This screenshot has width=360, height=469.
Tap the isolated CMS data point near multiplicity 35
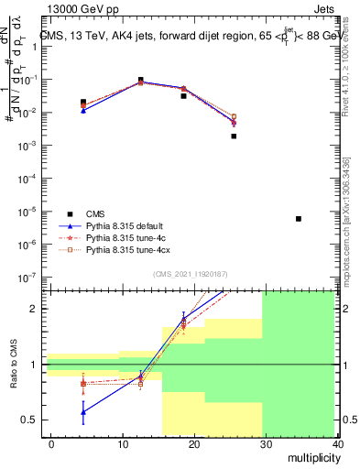tap(299, 219)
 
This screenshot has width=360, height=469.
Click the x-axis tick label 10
tap(123, 444)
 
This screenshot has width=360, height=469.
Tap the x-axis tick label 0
tap(51, 444)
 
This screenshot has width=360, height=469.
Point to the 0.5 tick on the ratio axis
tap(29, 420)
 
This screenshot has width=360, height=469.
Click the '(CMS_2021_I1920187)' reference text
tap(190, 274)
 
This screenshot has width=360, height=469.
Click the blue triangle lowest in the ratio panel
tap(83, 412)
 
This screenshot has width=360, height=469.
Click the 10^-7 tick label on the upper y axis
tap(27, 277)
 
